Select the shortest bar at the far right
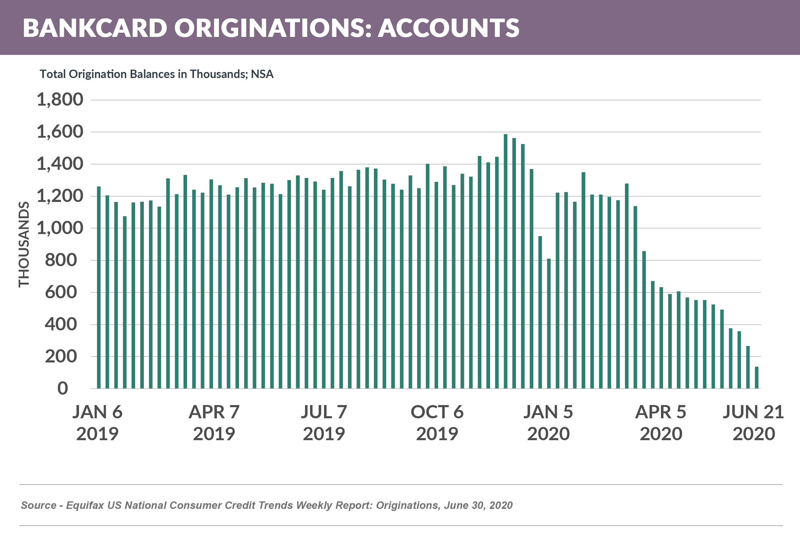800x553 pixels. [756, 377]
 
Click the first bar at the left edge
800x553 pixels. [99, 287]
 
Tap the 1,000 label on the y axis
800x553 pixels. [60, 228]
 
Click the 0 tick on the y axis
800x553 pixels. [63, 388]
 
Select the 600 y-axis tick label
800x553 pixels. [61, 292]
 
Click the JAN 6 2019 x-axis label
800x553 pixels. [97, 423]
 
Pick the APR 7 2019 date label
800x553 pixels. [214, 423]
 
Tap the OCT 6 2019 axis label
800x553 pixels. [437, 423]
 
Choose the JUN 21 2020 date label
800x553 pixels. [753, 423]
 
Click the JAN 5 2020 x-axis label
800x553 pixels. [548, 423]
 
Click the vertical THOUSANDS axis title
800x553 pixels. [24, 244]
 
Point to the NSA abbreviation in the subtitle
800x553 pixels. [262, 74]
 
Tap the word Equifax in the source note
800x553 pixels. [85, 505]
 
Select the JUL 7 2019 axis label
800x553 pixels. [324, 423]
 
